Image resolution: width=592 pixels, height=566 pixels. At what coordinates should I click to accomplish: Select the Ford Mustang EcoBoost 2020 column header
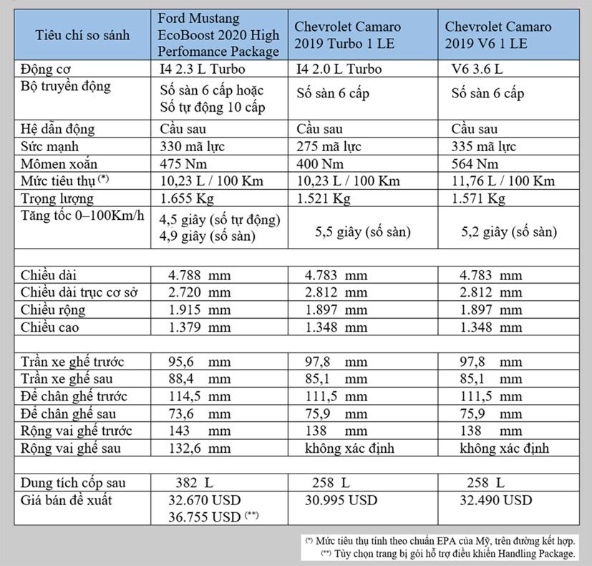point(218,34)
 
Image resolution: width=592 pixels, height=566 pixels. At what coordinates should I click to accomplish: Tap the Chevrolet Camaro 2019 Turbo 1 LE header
point(347,35)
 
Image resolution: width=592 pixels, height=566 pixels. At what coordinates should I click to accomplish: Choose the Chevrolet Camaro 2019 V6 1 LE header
point(498,35)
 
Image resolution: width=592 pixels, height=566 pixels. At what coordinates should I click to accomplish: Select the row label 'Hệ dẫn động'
point(57,130)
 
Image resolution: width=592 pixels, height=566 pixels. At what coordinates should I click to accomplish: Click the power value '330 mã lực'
point(194,147)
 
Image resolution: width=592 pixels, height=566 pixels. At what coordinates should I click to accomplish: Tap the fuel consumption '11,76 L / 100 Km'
point(503,181)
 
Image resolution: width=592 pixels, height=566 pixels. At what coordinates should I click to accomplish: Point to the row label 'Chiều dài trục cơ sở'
point(79,292)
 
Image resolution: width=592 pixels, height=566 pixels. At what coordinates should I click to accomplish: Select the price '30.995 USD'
point(336,500)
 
